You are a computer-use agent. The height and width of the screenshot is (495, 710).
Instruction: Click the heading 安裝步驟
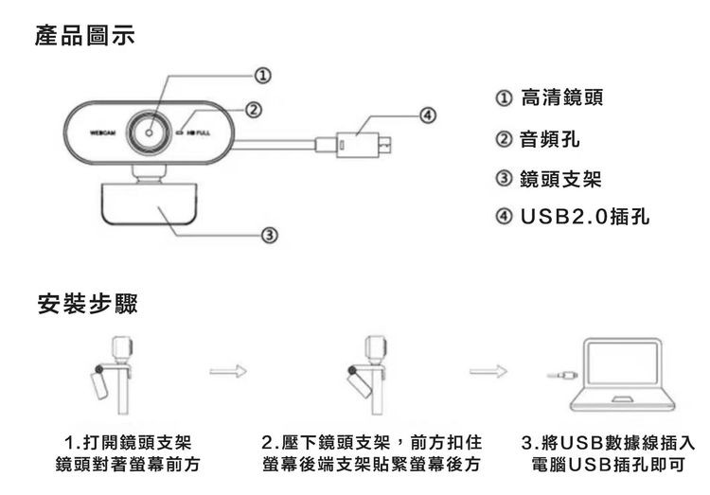pos(86,305)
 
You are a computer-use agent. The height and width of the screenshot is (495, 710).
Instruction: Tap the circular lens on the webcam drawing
pos(151,134)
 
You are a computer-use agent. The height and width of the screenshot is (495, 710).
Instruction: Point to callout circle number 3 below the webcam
pos(269,233)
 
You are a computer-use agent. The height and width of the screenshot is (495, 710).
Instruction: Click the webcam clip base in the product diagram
pos(150,209)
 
